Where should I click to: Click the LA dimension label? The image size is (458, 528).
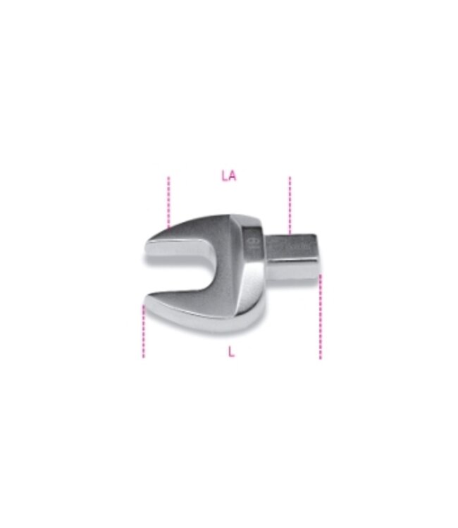[228, 176]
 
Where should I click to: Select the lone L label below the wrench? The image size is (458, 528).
[231, 352]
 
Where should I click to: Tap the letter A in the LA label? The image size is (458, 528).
[233, 176]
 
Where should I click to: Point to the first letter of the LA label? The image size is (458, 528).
[224, 176]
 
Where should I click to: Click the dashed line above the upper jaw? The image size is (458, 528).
[168, 201]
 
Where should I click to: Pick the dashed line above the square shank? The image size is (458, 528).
[290, 205]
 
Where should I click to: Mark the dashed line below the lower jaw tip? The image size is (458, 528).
[144, 332]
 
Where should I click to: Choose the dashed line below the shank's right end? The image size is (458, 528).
[320, 317]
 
